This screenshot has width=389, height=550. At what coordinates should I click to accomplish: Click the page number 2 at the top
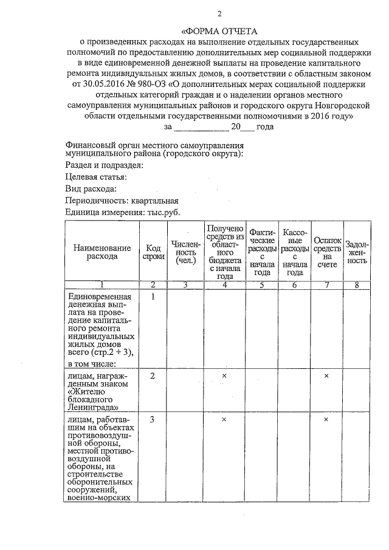(x=219, y=13)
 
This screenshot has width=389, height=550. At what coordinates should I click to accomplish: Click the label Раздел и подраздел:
(x=105, y=165)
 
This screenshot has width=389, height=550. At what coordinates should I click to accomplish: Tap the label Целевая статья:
(x=95, y=177)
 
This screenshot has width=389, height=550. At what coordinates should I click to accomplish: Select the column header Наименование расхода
(x=102, y=252)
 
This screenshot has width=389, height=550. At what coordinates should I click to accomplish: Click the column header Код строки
(x=153, y=252)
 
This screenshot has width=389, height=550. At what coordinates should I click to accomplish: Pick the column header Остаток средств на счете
(x=327, y=252)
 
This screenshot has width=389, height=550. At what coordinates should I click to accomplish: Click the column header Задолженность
(x=356, y=252)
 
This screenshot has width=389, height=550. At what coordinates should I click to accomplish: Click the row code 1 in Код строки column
(x=153, y=297)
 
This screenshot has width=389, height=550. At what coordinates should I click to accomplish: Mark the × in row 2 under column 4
(x=224, y=376)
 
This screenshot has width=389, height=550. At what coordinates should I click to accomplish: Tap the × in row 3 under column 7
(x=326, y=420)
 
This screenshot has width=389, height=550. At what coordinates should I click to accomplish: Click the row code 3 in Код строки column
(x=153, y=420)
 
